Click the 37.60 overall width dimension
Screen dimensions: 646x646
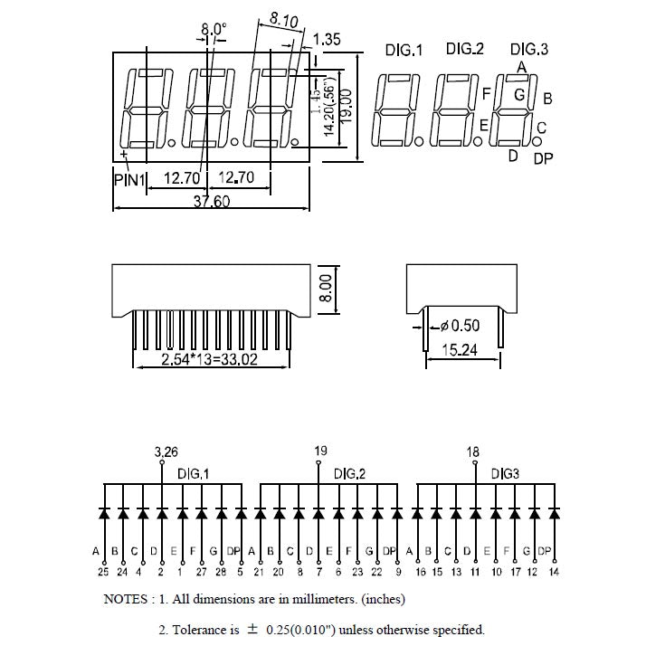(x=211, y=202)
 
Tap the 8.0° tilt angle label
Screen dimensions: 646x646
(x=213, y=28)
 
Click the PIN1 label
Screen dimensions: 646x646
(x=129, y=180)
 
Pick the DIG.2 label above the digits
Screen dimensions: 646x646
(x=465, y=49)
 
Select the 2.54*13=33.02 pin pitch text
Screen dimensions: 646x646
(x=210, y=360)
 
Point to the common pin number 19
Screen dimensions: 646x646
(x=320, y=451)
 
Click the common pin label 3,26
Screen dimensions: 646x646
(x=166, y=451)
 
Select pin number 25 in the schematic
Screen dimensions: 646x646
(x=103, y=571)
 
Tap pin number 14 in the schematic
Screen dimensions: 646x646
(x=555, y=571)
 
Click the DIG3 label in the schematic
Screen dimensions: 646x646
(x=506, y=473)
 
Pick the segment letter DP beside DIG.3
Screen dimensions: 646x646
(x=543, y=159)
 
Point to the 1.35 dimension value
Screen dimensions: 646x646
(x=330, y=39)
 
